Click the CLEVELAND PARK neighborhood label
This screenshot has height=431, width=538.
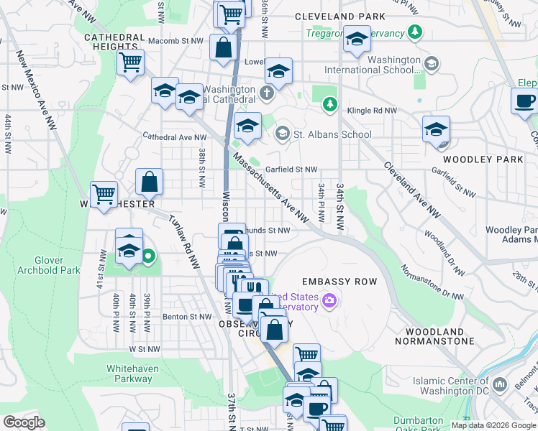pyautogui.click(x=344, y=16)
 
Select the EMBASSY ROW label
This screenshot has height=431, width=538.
pyautogui.click(x=334, y=282)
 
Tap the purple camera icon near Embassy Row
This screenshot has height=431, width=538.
pyautogui.click(x=329, y=299)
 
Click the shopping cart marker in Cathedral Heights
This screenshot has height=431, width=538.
pyautogui.click(x=130, y=61)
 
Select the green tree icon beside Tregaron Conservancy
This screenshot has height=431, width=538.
pyautogui.click(x=415, y=32)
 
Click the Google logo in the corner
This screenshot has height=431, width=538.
pyautogui.click(x=24, y=422)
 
